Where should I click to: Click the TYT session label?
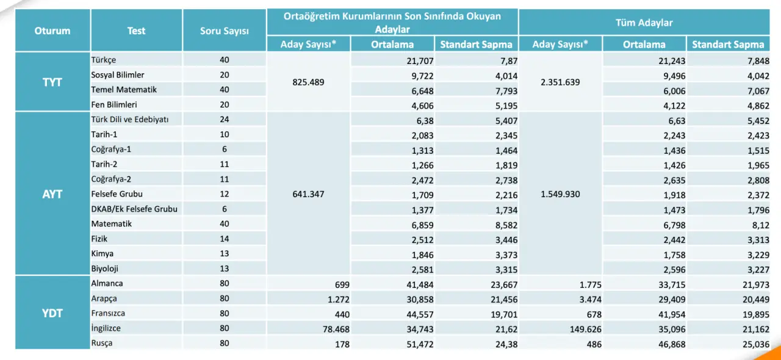click(x=52, y=82)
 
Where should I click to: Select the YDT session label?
click(x=52, y=313)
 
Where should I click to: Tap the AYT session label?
click(x=52, y=194)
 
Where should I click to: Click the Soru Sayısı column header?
click(x=224, y=31)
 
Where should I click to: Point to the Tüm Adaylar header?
click(x=644, y=23)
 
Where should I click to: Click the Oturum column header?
click(x=52, y=31)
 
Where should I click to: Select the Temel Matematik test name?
click(x=124, y=90)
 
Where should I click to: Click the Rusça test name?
click(x=102, y=343)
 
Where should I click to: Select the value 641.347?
click(x=308, y=194)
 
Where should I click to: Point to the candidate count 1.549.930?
click(x=560, y=194)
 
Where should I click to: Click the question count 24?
click(x=224, y=120)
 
